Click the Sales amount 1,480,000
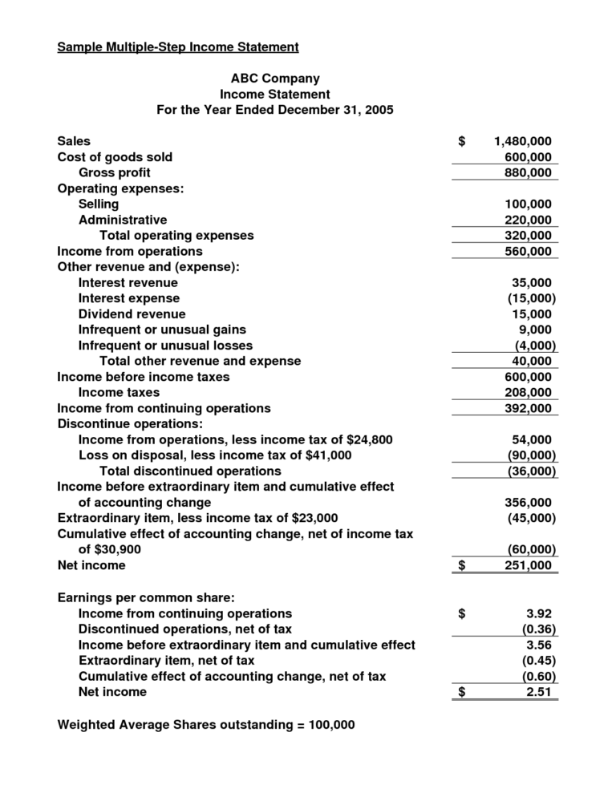pyautogui.click(x=523, y=142)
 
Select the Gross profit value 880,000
pyautogui.click(x=528, y=173)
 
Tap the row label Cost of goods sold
pyautogui.click(x=115, y=157)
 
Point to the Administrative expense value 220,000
pyautogui.click(x=528, y=220)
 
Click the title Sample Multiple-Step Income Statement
pyautogui.click(x=178, y=47)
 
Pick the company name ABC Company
pyautogui.click(x=274, y=79)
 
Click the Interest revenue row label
pyautogui.click(x=128, y=283)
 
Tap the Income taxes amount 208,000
pyautogui.click(x=528, y=393)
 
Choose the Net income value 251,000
pyautogui.click(x=528, y=566)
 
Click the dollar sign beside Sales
pyautogui.click(x=462, y=142)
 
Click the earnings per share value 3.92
pyautogui.click(x=541, y=613)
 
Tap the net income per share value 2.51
pyautogui.click(x=541, y=692)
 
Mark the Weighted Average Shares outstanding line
pyautogui.click(x=206, y=725)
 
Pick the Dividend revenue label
pyautogui.click(x=132, y=314)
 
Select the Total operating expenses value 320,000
pyautogui.click(x=528, y=236)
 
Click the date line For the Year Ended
pyautogui.click(x=274, y=110)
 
